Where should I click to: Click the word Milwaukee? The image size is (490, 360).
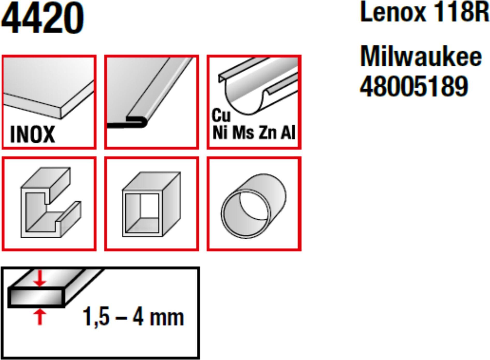click(421, 57)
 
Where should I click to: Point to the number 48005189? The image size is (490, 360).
click(414, 86)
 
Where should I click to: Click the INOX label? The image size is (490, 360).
click(33, 134)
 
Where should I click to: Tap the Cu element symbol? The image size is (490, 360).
click(221, 115)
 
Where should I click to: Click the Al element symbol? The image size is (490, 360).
click(288, 133)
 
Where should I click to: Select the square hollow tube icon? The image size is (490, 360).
click(152, 204)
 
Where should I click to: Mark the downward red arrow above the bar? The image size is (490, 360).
click(40, 278)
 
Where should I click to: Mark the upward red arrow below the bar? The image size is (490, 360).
click(40, 317)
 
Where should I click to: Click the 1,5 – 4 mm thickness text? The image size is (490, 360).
click(133, 317)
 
